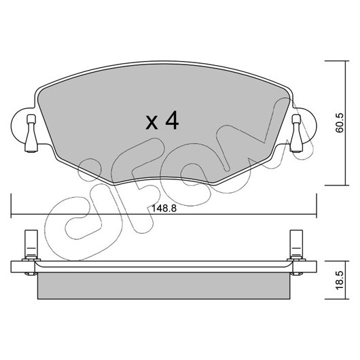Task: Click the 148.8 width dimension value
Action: tap(164, 209)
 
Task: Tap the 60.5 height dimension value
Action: tap(340, 123)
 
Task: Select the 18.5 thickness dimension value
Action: tap(340, 280)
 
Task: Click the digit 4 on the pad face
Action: tap(173, 120)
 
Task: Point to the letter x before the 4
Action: tap(151, 123)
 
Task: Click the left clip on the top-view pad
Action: tap(31, 133)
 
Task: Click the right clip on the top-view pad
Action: tap(296, 133)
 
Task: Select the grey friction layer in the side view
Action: tap(164, 286)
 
